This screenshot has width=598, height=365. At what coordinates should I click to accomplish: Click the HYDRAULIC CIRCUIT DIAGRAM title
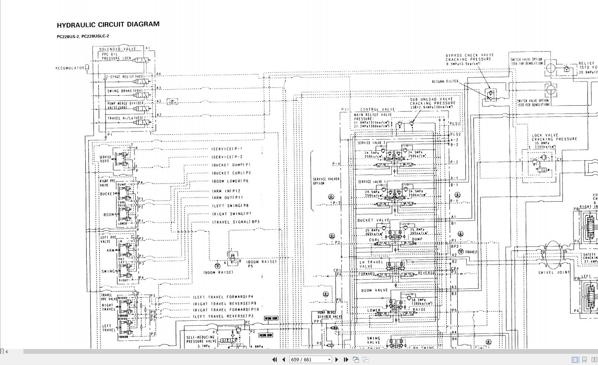108,25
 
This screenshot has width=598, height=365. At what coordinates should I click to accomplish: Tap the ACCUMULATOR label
70,68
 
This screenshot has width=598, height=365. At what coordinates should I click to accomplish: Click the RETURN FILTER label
445,81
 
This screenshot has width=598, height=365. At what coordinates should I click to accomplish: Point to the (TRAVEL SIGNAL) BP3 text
235,222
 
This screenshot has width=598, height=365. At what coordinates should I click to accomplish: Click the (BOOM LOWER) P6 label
230,181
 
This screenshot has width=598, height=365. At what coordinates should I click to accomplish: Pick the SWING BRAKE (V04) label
125,91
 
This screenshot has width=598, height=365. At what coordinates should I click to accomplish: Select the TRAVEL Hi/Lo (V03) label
125,118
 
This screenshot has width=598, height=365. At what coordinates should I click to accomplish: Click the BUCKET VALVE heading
373,220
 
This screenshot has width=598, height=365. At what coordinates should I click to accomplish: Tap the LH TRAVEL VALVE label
371,264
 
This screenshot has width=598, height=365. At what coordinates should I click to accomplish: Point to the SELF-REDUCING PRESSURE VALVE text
201,339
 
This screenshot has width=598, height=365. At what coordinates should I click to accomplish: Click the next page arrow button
337,359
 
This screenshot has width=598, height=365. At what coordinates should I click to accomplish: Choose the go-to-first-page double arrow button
274,359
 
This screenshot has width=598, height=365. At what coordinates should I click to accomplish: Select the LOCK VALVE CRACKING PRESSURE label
554,137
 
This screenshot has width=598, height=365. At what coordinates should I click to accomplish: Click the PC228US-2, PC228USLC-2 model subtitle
83,36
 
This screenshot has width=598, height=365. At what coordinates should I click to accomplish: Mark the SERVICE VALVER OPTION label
326,181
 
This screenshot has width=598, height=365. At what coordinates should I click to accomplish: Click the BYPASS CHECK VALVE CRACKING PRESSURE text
469,57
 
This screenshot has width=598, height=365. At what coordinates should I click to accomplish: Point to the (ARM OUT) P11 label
227,198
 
